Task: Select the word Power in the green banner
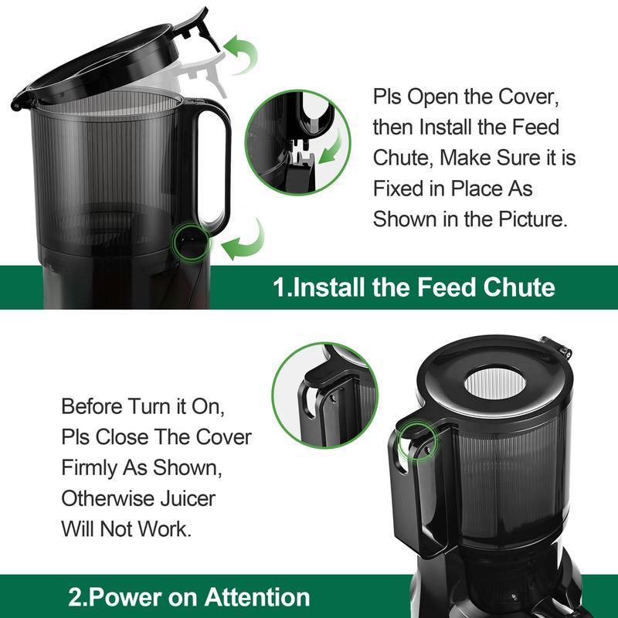[x=125, y=597]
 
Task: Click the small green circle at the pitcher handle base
[x=188, y=240]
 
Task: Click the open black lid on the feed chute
[x=100, y=58]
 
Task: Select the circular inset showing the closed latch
[x=324, y=395]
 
